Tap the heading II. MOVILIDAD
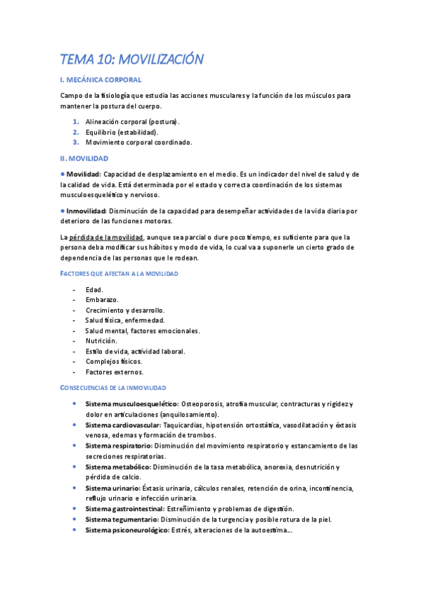point(84,158)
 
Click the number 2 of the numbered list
point(75,132)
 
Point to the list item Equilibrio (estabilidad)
point(122,132)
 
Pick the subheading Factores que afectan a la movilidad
point(119,272)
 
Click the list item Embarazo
point(102,300)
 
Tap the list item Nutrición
point(101,341)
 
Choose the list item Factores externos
point(114,372)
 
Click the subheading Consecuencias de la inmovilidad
point(113,388)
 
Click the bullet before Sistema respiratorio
point(75,446)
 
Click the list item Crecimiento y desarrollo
point(124,310)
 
